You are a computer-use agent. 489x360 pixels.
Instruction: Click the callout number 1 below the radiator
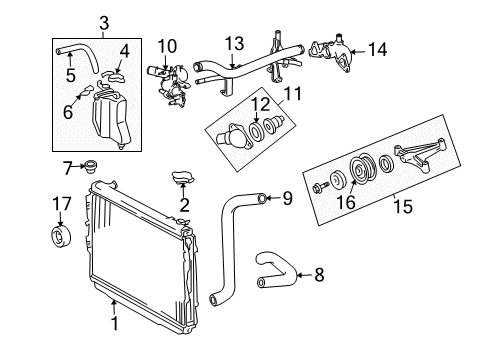pyautogui.click(x=115, y=322)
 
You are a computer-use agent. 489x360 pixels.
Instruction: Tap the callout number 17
pyautogui.click(x=61, y=206)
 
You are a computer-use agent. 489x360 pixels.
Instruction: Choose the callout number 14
pyautogui.click(x=378, y=47)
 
